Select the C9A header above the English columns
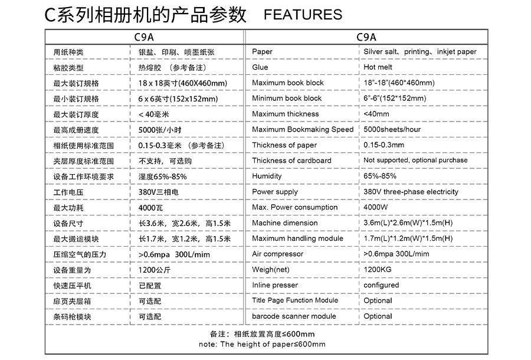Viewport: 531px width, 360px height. (x=366, y=36)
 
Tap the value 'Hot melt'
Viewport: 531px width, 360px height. (x=378, y=67)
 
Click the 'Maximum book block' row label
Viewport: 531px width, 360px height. (x=288, y=83)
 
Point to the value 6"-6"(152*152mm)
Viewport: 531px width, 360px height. (x=395, y=98)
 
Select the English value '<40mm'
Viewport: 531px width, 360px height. (x=376, y=114)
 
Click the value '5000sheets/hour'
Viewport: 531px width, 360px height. (x=392, y=129)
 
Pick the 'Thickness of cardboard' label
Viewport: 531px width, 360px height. (x=291, y=161)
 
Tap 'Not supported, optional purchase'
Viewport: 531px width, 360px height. (x=415, y=161)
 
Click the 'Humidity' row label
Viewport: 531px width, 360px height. (x=267, y=176)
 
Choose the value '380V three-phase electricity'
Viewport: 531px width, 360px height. (x=411, y=192)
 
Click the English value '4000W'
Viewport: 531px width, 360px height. (x=376, y=207)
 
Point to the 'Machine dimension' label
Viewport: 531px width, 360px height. (x=285, y=223)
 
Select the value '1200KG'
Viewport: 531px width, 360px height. (x=377, y=270)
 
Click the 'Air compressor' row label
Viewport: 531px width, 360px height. (x=277, y=254)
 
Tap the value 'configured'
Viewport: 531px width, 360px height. (x=381, y=285)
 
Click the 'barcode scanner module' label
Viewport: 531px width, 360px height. (x=294, y=316)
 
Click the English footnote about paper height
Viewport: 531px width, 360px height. (x=262, y=344)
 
